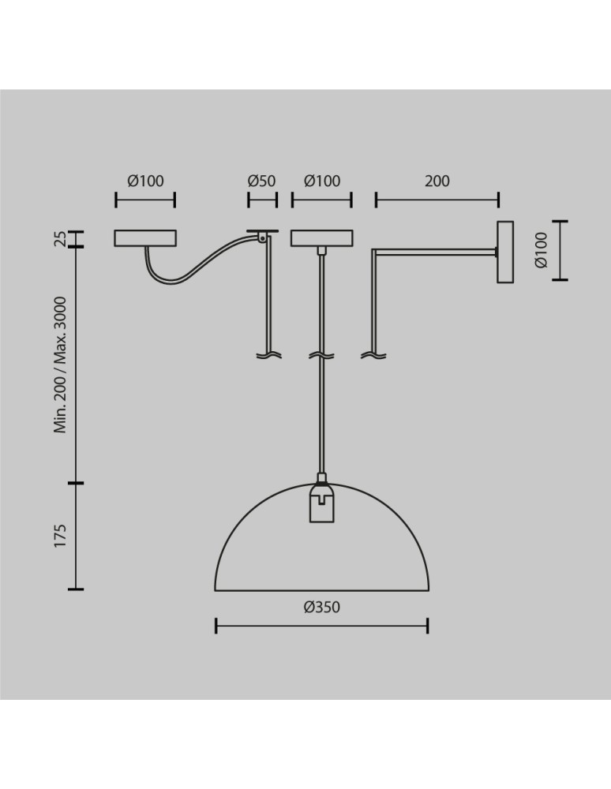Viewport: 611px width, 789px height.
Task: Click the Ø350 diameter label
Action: click(x=321, y=607)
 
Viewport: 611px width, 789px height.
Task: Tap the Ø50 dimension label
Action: click(x=262, y=181)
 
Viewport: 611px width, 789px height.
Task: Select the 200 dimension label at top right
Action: click(x=437, y=181)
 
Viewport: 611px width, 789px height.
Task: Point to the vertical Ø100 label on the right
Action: click(x=541, y=250)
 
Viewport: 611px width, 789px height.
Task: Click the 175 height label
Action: click(x=60, y=536)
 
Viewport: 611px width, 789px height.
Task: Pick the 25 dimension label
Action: click(x=60, y=238)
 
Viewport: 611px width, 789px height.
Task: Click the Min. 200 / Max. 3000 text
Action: click(x=60, y=365)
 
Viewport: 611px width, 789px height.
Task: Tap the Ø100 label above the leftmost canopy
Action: click(x=145, y=181)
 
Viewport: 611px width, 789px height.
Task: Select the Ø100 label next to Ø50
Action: click(x=322, y=181)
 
